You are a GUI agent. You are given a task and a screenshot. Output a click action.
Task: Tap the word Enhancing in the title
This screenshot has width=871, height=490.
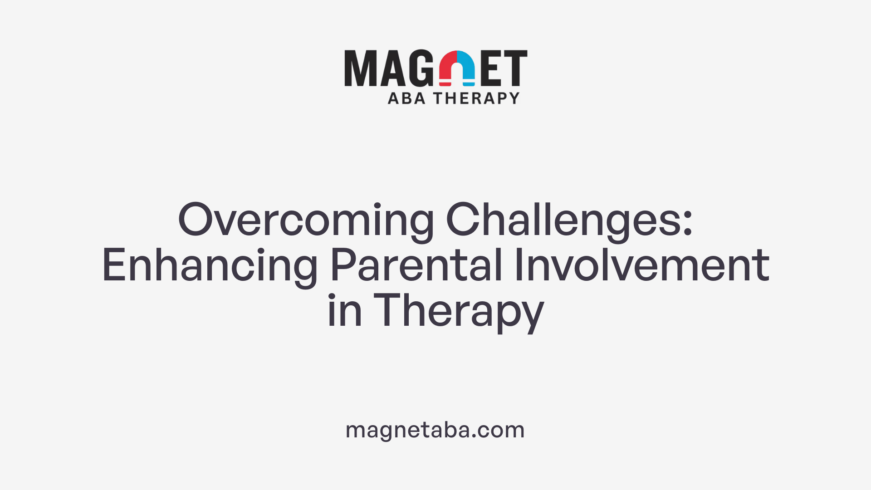(210, 265)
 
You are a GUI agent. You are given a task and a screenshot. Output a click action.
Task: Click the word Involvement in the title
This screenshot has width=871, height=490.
(641, 265)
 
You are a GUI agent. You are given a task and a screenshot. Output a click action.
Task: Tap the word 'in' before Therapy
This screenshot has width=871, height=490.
(344, 311)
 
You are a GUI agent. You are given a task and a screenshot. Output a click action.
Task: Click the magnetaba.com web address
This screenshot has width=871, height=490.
(435, 430)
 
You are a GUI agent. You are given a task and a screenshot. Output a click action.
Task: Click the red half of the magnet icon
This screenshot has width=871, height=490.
(447, 68)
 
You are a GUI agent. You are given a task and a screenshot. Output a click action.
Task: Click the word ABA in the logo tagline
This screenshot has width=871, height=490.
(406, 98)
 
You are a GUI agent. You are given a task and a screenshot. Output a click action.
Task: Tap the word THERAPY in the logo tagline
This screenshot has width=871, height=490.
(476, 98)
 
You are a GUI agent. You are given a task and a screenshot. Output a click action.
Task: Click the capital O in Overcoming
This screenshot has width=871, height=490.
(196, 220)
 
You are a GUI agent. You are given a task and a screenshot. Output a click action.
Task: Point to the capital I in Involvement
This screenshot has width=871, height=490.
(519, 265)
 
